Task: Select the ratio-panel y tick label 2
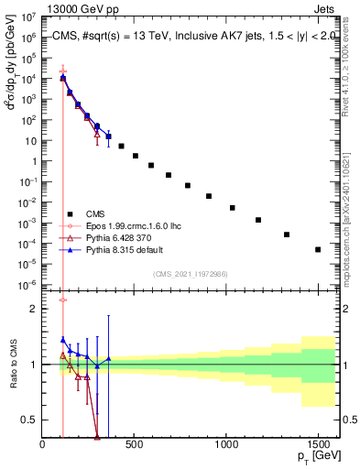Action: pyautogui.click(x=33, y=309)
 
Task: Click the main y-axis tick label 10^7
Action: pyautogui.click(x=28, y=16)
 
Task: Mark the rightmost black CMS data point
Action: pyautogui.click(x=318, y=249)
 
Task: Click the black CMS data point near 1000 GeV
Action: pyautogui.click(x=233, y=208)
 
